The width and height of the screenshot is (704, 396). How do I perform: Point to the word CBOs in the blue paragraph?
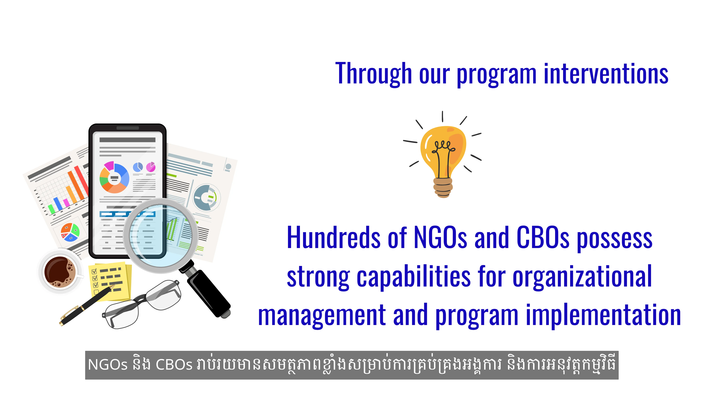[543, 237]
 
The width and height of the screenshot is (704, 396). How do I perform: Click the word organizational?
[582, 277]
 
